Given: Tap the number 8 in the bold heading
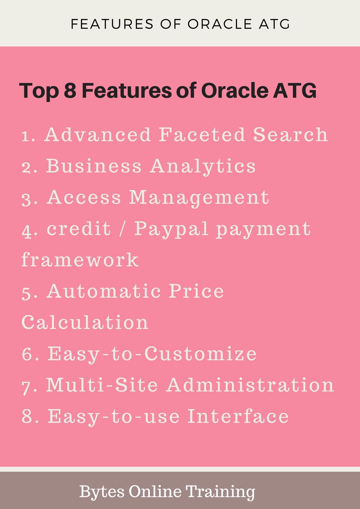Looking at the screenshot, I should (67, 91).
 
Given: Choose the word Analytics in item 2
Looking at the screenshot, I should (203, 166).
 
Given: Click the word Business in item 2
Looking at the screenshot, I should (94, 166).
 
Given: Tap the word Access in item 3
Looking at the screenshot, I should (84, 198).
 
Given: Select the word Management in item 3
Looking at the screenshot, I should (199, 198).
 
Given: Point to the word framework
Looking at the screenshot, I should (80, 260).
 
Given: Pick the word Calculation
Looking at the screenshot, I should (84, 322).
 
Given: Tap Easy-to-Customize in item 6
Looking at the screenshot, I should (152, 354).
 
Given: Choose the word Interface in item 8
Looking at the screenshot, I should (238, 417).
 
